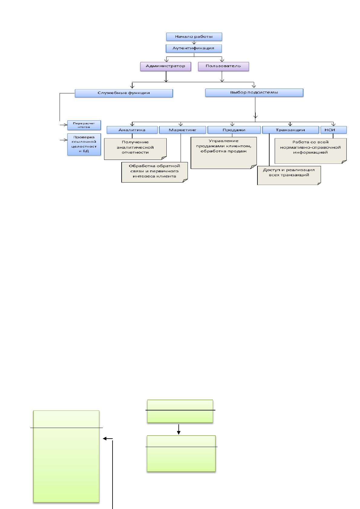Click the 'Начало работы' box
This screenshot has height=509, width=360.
tap(194, 37)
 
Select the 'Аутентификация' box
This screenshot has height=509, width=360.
tap(194, 48)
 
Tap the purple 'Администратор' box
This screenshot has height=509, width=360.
tap(165, 66)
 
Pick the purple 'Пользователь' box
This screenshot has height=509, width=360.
tap(223, 66)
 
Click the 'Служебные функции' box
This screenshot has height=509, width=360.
tap(124, 93)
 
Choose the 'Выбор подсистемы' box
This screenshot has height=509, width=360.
tap(254, 93)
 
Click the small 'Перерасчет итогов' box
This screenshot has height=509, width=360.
tap(84, 125)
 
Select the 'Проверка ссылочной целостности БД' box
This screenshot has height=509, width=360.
tap(84, 144)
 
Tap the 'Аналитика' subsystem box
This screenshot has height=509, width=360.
tap(132, 130)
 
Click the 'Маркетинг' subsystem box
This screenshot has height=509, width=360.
tap(183, 130)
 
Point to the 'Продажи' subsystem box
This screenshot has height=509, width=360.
tap(234, 130)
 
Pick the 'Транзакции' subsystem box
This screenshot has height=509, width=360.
tap(291, 130)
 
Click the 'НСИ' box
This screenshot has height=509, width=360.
tap(334, 130)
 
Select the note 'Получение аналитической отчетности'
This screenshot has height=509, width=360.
tap(135, 149)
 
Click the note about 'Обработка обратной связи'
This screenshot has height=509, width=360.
tap(155, 172)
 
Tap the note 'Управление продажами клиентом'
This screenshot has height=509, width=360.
tap(224, 153)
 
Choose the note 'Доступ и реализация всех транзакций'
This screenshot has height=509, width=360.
tap(289, 175)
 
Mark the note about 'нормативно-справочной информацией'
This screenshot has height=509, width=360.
tap(311, 151)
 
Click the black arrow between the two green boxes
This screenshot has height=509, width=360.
tap(179, 429)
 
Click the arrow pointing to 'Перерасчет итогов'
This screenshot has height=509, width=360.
tap(64, 125)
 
